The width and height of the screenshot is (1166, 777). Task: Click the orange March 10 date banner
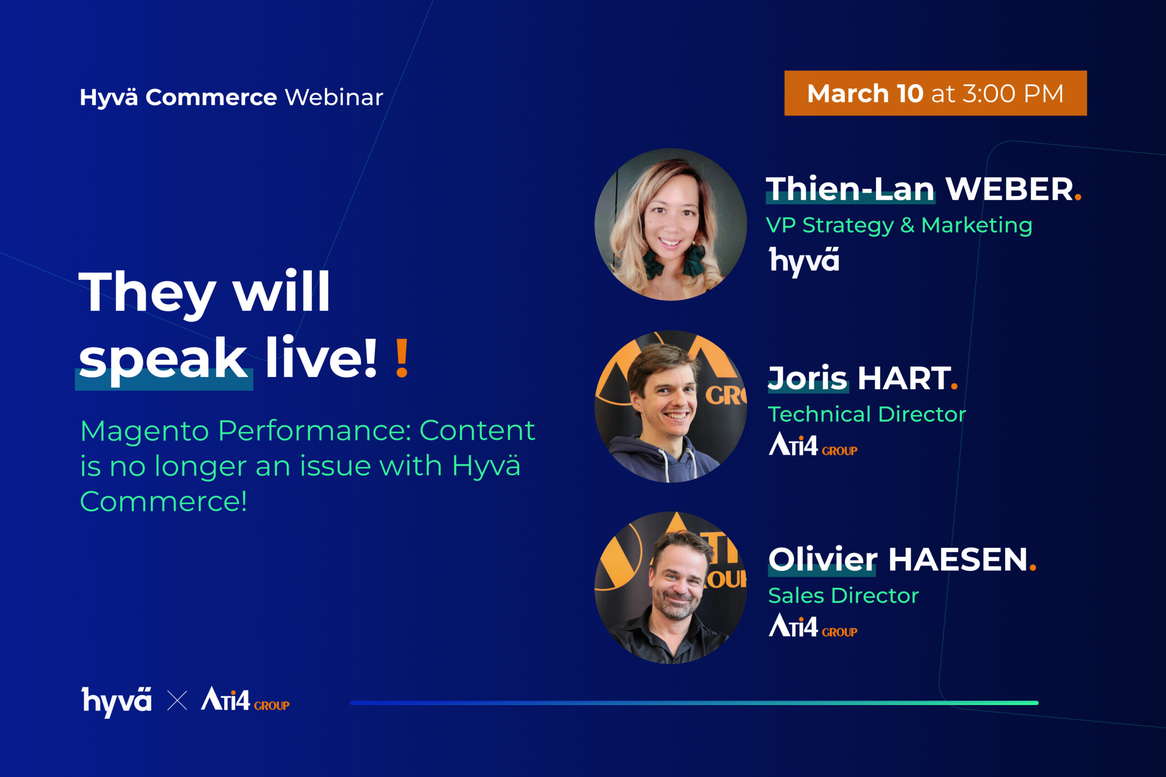936,93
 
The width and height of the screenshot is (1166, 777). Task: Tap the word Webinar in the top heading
334,97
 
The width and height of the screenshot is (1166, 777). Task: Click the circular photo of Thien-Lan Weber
670,224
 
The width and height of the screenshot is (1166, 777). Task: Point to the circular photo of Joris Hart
670,406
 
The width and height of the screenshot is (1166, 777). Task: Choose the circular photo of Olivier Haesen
670,588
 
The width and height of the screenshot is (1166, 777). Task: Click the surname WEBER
1009,189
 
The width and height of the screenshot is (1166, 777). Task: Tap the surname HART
904,378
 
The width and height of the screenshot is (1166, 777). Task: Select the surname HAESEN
958,559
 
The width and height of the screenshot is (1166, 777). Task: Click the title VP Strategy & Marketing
899,225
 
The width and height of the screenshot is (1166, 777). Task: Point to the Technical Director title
867,414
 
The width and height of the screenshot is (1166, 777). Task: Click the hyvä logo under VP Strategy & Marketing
804,261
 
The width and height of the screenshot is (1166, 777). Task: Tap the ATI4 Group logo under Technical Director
813,444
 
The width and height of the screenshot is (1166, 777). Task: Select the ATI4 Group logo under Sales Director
813,625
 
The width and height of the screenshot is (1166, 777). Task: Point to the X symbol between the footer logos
177,701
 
